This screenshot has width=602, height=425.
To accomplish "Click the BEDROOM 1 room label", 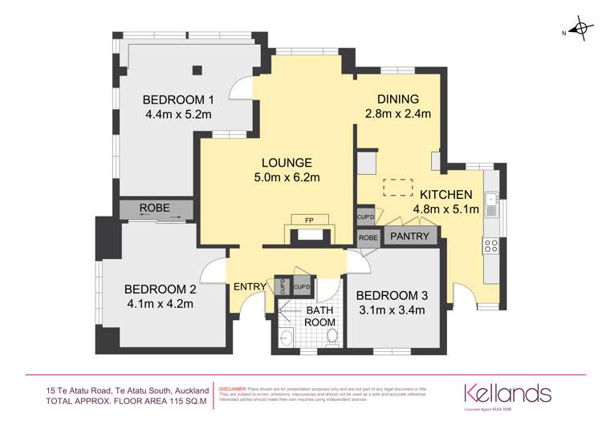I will click(x=177, y=100).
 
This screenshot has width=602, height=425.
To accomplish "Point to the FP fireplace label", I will click(x=308, y=221).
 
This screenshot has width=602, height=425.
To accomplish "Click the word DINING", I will click(x=398, y=99).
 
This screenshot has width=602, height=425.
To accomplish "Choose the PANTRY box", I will click(x=409, y=237).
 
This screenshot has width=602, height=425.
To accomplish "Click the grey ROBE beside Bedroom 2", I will click(x=154, y=208).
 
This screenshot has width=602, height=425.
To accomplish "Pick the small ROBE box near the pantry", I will click(x=368, y=237).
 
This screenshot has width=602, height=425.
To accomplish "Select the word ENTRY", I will click(x=250, y=286).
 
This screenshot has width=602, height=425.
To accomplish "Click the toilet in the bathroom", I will click(x=332, y=342).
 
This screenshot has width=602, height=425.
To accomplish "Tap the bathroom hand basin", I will click(x=287, y=338).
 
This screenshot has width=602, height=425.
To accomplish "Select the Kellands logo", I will click(x=507, y=393).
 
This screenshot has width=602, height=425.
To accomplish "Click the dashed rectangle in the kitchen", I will click(x=395, y=187).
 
